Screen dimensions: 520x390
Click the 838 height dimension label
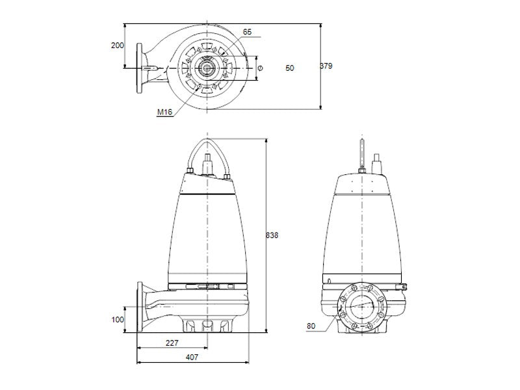pos(272,235)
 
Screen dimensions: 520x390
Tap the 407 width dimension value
pos(192,357)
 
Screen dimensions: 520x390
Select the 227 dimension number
pos(172,343)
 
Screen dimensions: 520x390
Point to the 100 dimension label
pos(118,320)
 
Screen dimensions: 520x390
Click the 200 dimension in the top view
pos(117,45)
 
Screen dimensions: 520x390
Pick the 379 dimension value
pos(326,66)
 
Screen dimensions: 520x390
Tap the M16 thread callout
pos(165,112)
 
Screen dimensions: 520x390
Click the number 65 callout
pos(247,32)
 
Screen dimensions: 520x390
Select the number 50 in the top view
pos(289,68)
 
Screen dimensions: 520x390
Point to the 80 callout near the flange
pos(311,326)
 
